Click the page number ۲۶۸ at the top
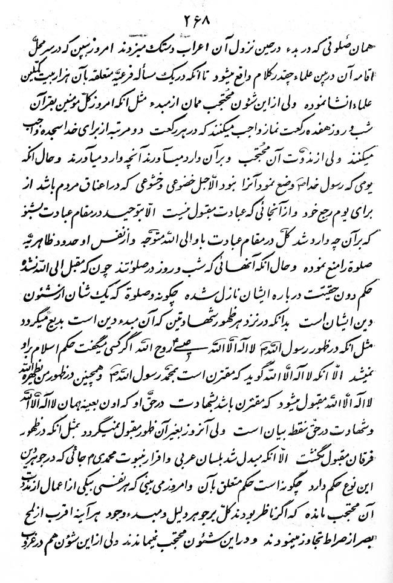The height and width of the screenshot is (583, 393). pyautogui.click(x=197, y=18)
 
